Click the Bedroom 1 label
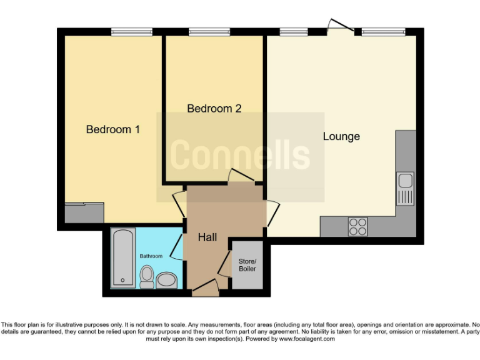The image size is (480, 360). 112,129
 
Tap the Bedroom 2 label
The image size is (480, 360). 214,108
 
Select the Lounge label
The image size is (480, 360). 341,136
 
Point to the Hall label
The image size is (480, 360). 207,237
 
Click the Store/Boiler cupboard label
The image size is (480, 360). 247,264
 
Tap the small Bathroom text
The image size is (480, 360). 151,256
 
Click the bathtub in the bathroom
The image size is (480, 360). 122,258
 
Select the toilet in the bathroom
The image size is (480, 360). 147,276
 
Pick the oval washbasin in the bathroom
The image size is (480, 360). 167,279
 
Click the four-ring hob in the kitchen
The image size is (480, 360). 358,226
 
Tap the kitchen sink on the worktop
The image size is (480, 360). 405,187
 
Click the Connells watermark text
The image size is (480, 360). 240,154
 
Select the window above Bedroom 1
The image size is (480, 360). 132,31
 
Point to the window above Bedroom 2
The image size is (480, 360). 209,31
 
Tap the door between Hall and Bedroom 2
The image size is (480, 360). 241,176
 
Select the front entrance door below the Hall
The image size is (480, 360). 206,287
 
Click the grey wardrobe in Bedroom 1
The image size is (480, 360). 84,213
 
